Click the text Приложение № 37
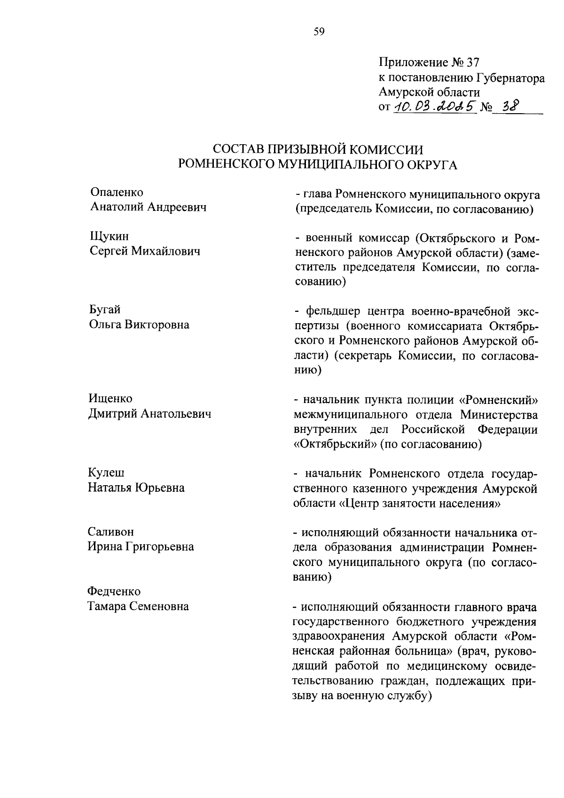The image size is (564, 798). pos(428,62)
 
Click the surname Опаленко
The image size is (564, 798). pos(117,192)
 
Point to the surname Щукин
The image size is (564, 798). pos(109,236)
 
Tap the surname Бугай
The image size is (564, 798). pos(105,310)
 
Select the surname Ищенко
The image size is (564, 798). pos(111,398)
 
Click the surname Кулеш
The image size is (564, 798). pos(106,472)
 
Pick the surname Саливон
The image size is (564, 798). pos(111,532)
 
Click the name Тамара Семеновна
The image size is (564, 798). pos(139,606)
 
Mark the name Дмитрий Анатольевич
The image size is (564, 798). pos(150,413)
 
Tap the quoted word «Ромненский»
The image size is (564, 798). pos(498,399)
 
